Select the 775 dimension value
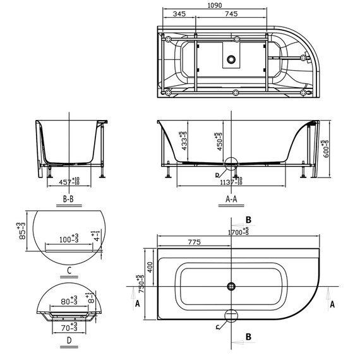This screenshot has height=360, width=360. (195, 243)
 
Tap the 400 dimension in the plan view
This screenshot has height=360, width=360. (150, 267)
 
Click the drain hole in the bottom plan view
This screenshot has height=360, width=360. (231, 285)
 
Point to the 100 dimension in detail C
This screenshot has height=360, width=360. (69, 241)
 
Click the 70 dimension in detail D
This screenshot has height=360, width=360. (69, 328)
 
